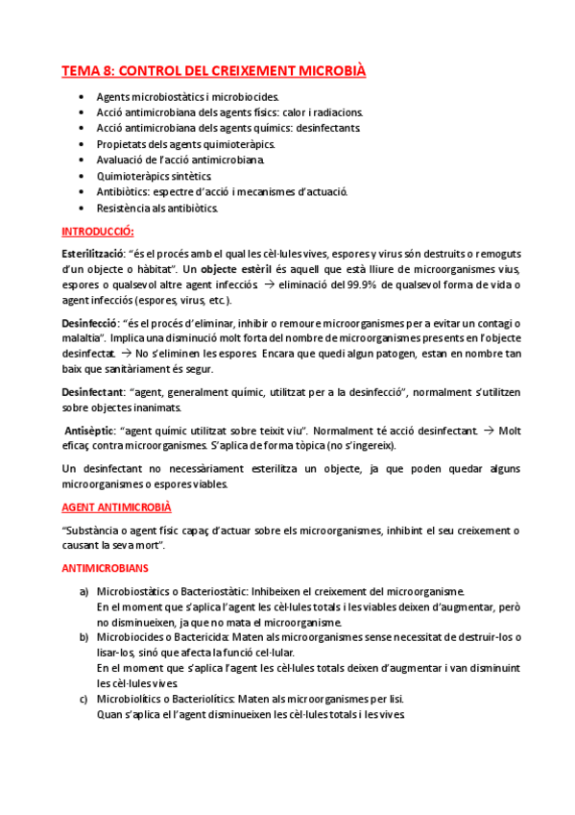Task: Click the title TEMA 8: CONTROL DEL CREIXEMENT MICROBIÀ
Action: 213,71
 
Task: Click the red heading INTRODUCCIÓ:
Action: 98,232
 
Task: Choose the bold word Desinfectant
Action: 91,392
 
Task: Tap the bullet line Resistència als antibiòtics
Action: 157,207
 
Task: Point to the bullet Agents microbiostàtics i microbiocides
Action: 188,97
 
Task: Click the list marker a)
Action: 84,590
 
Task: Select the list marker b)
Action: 84,636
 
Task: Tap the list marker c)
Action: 84,699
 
